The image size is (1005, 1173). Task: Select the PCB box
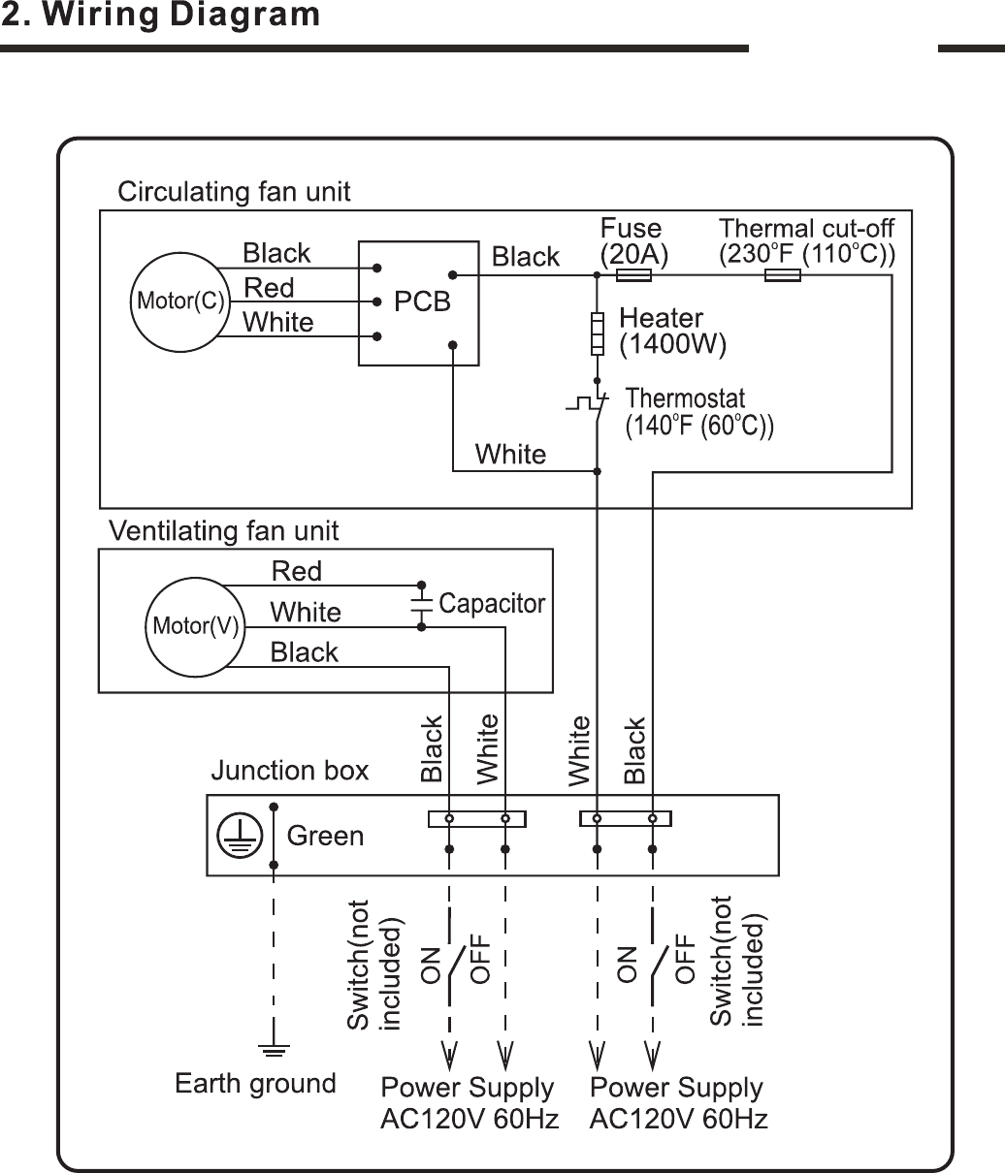(418, 302)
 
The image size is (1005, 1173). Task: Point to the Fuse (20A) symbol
(633, 275)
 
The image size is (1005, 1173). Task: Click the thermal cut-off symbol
(782, 275)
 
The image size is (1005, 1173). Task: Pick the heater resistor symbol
(597, 333)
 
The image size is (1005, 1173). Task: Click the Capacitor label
(492, 604)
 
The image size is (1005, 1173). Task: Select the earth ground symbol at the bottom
(275, 1048)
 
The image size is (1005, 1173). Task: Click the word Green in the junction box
(326, 836)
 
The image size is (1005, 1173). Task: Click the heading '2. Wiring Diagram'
(160, 16)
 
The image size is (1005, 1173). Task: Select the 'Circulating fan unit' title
(234, 192)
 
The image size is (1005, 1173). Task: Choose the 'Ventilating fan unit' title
(224, 531)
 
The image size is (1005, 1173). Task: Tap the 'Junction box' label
(290, 771)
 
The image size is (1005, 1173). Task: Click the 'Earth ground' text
(255, 1083)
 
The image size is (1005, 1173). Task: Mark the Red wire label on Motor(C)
(269, 288)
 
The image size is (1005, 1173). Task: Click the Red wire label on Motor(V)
(296, 571)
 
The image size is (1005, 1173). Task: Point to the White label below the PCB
(510, 454)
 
